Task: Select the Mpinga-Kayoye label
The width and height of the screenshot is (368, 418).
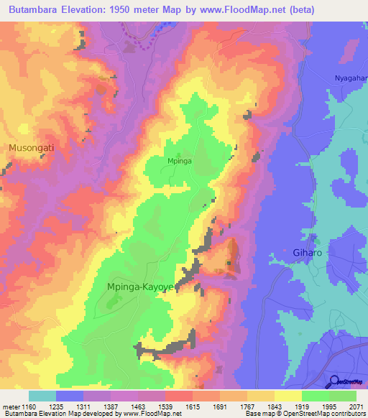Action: (x=140, y=287)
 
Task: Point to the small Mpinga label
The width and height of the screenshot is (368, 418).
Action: (x=179, y=162)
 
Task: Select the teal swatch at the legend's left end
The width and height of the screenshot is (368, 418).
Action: (x=42, y=396)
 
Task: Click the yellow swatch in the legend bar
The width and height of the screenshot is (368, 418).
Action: (x=287, y=396)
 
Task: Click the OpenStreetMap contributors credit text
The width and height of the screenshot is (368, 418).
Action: (x=321, y=414)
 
